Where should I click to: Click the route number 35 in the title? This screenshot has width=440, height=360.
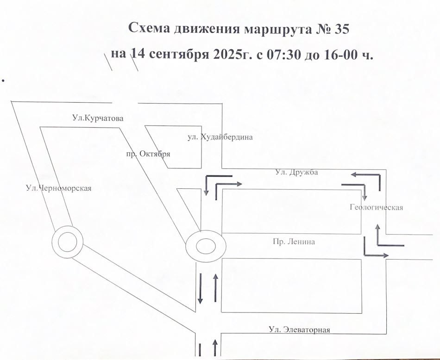tap(341, 29)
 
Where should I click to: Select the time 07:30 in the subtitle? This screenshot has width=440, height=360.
tap(284, 54)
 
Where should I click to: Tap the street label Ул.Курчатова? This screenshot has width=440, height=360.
tap(98, 118)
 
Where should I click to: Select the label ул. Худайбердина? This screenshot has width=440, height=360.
tap(220, 137)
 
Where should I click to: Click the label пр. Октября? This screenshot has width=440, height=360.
tap(149, 154)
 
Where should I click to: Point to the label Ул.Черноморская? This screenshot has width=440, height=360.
tap(59, 188)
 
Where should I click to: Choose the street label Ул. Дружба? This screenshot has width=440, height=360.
tap(296, 172)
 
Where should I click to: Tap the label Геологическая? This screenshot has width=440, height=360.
tap(376, 207)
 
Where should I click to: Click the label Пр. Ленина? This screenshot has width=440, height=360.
tap(294, 242)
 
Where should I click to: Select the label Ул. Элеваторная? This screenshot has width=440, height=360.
tap(299, 329)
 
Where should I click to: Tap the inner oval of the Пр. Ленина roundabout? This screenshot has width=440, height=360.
tap(206, 238)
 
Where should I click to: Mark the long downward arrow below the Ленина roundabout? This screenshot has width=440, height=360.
tap(201, 288)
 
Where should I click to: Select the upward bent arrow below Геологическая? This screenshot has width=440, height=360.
tap(378, 245)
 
